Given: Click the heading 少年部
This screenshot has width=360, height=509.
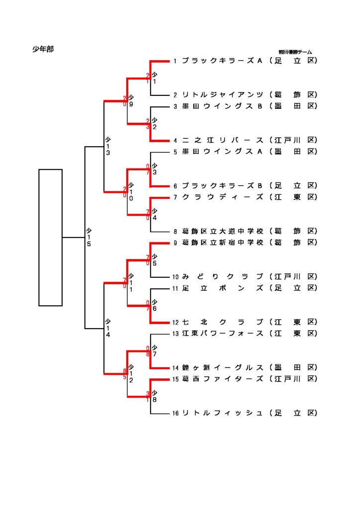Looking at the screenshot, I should tap(43, 49).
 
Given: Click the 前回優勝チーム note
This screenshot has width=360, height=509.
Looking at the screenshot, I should tap(295, 52).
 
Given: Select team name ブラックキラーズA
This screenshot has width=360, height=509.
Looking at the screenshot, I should tap(222, 61).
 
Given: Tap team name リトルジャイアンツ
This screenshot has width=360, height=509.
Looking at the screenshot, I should tap(222, 94).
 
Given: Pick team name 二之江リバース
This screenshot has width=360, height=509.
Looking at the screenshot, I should tap(222, 140).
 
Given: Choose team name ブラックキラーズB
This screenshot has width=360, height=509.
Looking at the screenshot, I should tap(222, 186).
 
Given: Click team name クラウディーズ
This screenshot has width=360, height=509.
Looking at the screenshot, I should tap(222, 197).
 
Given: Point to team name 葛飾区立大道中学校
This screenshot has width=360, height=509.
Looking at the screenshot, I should tap(222, 231).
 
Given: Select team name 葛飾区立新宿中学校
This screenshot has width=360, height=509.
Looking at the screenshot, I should tap(222, 243).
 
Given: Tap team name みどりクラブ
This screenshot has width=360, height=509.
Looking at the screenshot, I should tap(222, 276).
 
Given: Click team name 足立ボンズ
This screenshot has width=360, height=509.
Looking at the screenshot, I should tap(222, 288).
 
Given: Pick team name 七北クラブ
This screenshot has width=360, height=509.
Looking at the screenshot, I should tap(222, 322).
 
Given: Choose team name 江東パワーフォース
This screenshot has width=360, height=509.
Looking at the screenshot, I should tap(222, 334).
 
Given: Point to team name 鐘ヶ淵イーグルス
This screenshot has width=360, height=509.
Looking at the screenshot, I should tap(222, 368).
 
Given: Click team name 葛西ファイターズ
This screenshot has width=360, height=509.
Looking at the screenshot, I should tap(222, 379).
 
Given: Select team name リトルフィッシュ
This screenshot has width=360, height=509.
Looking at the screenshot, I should tap(222, 413).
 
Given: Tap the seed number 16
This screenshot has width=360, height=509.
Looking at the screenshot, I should tap(176, 414).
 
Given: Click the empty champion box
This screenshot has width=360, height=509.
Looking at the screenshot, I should tap(50, 238).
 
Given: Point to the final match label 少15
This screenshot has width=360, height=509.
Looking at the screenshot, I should tap(89, 237).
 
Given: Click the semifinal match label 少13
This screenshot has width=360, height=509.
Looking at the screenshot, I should tap(107, 146).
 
